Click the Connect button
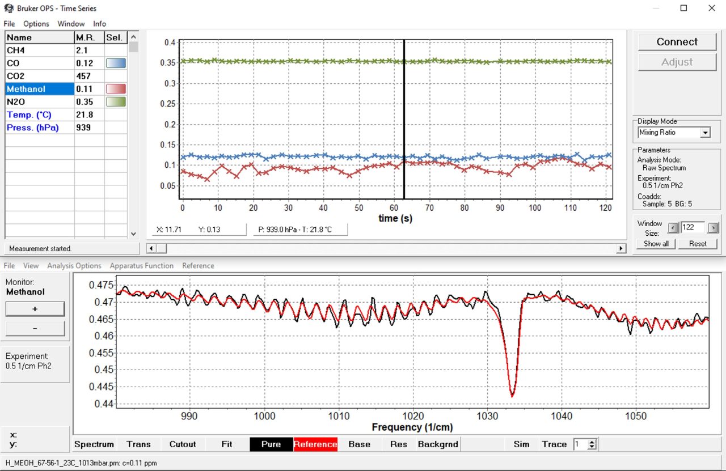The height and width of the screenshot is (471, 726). [677, 42]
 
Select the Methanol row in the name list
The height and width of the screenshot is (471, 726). [40, 89]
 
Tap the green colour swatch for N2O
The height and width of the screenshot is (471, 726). [116, 102]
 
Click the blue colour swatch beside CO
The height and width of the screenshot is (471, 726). [116, 63]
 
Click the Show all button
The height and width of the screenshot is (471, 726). [656, 244]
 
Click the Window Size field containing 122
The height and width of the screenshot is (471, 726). [692, 227]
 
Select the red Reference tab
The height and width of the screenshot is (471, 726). [315, 444]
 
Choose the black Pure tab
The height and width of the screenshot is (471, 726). [271, 444]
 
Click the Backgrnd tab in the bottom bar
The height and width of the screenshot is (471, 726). [437, 444]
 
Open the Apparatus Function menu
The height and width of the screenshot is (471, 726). [141, 265]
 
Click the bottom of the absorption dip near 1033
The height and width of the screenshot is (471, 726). [512, 396]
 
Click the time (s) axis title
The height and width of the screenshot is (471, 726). [395, 218]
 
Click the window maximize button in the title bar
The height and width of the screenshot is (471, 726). [683, 8]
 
